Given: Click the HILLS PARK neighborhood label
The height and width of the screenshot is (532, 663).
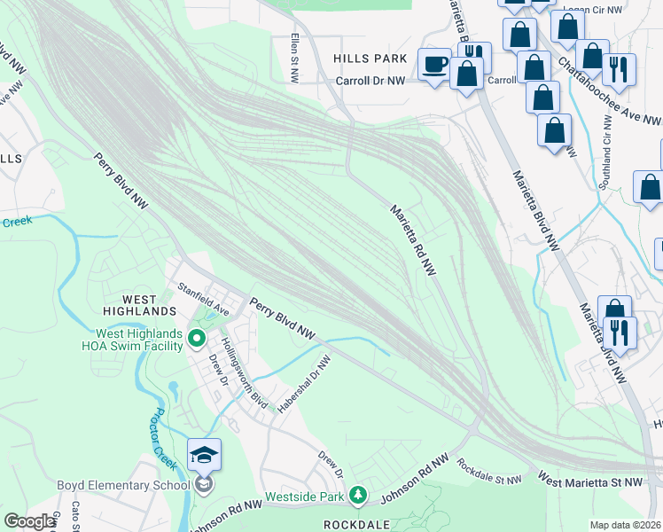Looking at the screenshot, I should [370, 59].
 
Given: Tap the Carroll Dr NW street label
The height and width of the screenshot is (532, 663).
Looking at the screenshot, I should [370, 81].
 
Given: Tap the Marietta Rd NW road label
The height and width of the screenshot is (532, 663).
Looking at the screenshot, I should [415, 239].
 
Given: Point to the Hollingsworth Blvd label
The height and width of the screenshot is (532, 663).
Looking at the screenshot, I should [245, 372].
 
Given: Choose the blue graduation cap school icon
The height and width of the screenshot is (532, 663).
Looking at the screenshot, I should [204, 455].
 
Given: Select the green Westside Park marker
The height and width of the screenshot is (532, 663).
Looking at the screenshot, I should [357, 494].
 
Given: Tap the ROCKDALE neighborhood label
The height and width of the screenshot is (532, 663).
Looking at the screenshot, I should [357, 524].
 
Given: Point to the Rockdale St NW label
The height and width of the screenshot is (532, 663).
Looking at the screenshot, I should [489, 472].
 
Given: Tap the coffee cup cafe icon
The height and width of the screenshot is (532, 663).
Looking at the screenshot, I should [434, 64].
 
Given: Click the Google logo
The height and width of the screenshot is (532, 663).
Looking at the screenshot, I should [30, 521].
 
